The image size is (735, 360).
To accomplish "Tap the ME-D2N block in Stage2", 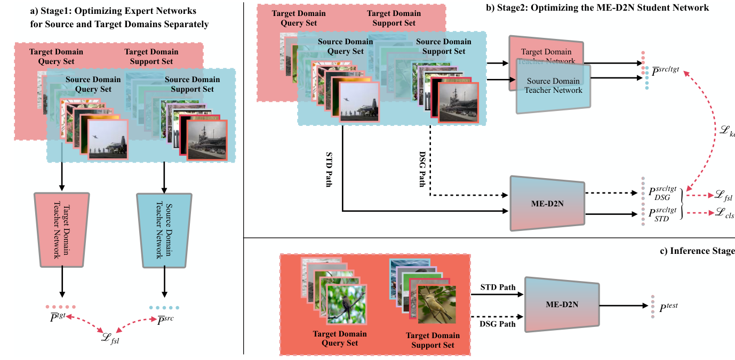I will (x=548, y=204).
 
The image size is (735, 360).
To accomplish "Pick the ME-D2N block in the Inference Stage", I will (x=562, y=305).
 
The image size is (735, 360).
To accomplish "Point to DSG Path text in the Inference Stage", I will (x=497, y=323).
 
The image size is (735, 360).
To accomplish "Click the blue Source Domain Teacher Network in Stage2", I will (x=553, y=89).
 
